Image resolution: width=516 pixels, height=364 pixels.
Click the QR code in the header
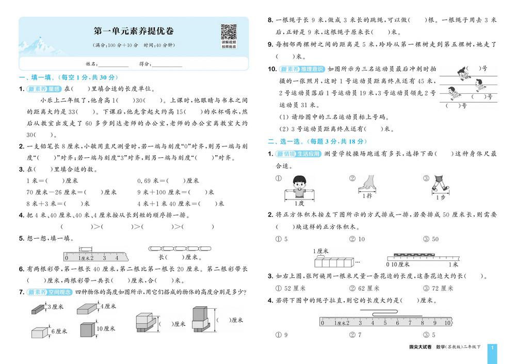click(x=229, y=32)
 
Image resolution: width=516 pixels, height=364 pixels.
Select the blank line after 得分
click(x=167, y=64)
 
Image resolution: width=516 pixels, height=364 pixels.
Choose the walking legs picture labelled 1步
click(x=440, y=184)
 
